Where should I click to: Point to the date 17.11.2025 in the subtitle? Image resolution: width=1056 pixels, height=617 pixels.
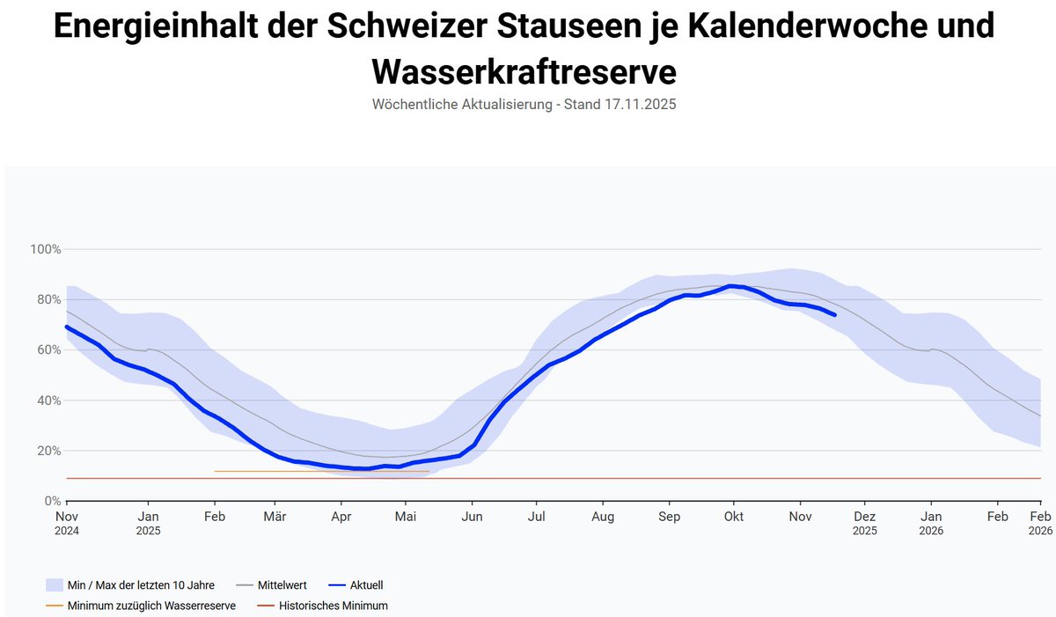(x=640, y=104)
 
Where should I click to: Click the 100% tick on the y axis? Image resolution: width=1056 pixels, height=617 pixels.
(x=46, y=250)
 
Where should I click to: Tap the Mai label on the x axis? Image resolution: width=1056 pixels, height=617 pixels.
(x=406, y=517)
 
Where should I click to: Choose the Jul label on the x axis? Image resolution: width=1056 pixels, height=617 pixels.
(x=536, y=517)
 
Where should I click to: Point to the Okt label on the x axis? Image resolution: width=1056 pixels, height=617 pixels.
(x=733, y=517)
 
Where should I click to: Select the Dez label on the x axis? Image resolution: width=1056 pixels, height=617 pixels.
(x=864, y=517)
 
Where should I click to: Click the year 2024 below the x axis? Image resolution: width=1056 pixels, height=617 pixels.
(x=67, y=531)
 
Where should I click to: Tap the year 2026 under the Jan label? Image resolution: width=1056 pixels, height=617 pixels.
(x=931, y=531)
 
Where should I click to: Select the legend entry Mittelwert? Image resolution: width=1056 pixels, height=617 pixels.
(x=282, y=584)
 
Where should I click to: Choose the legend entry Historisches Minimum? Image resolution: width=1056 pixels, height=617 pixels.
(x=333, y=606)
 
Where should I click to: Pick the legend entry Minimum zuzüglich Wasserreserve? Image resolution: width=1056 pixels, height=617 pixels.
(x=151, y=606)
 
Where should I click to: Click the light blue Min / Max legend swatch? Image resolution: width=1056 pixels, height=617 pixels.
(x=53, y=584)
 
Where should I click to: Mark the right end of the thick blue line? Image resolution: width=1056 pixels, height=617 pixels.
(x=834, y=314)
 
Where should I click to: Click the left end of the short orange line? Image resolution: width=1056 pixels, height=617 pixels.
(x=215, y=471)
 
